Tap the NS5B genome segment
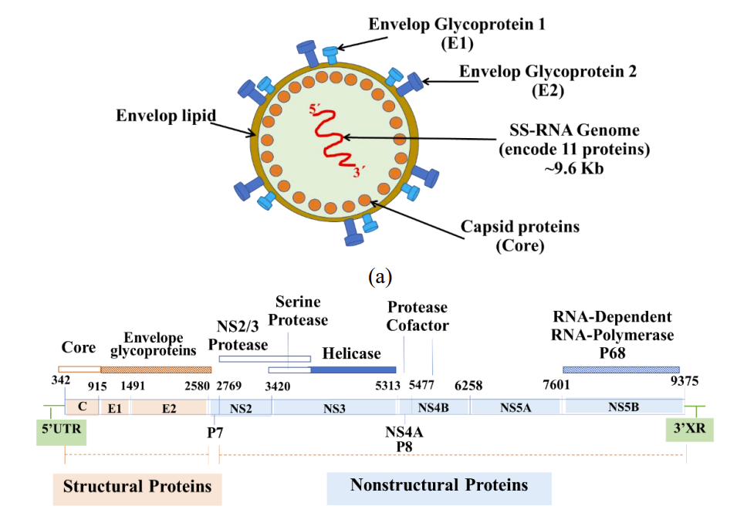click(x=624, y=407)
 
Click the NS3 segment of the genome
click(x=333, y=407)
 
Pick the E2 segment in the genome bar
click(x=169, y=407)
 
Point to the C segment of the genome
click(x=82, y=407)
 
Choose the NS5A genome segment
click(x=516, y=407)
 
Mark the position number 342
click(x=61, y=380)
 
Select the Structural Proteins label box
click(x=137, y=487)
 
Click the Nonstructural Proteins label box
click(x=439, y=485)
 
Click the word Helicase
click(x=351, y=353)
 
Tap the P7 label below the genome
click(x=215, y=432)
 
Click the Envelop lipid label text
click(x=165, y=116)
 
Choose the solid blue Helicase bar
click(x=353, y=370)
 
